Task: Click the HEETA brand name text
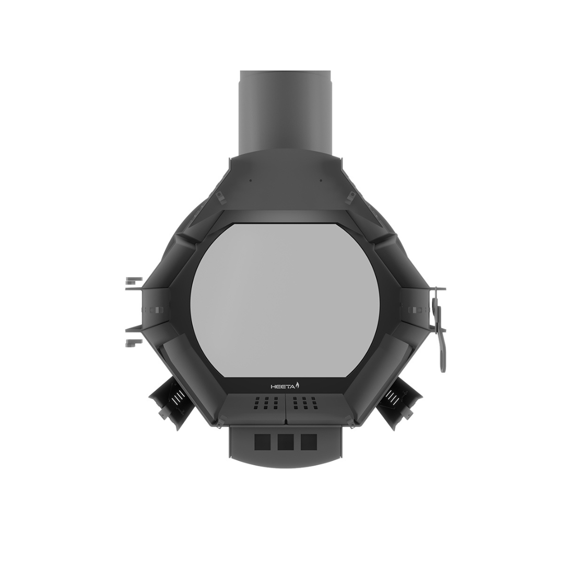tap(283, 386)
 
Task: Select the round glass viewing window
tap(285, 300)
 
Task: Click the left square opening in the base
tap(262, 442)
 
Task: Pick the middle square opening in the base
tap(286, 442)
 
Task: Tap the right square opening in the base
tap(309, 442)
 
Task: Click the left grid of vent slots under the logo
tap(266, 403)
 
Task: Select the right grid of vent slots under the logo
tap(305, 403)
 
